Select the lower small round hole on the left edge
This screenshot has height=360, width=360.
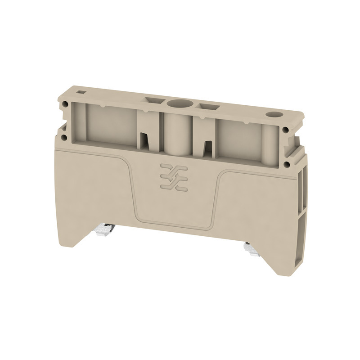(66, 134)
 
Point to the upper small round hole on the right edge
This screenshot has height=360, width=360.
(286, 130)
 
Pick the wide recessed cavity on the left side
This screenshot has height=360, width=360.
(110, 124)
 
